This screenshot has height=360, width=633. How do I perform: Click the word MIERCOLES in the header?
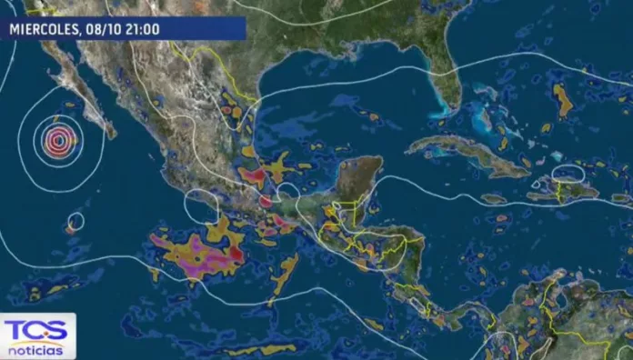(45, 29)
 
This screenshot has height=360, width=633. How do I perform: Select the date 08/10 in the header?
(103, 29)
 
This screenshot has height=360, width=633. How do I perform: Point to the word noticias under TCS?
(36, 350)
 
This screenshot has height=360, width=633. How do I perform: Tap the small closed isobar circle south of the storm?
(75, 220)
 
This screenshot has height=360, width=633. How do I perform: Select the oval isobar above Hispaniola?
(569, 173)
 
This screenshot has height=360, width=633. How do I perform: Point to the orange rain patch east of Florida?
(563, 100)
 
